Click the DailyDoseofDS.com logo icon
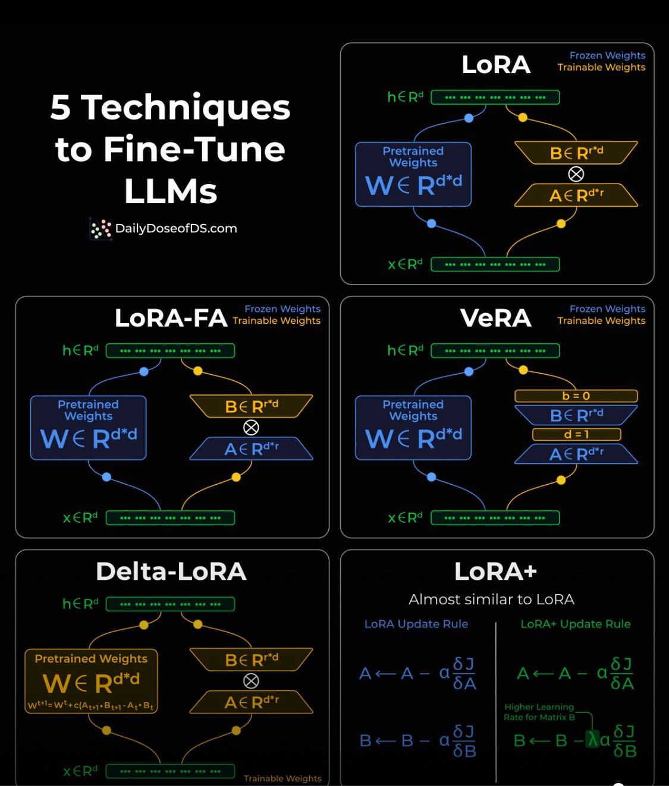(100, 229)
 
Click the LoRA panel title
(496, 64)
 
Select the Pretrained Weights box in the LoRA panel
(413, 174)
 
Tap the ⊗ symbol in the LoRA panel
(576, 174)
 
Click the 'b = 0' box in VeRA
(576, 396)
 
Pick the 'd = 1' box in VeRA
(576, 434)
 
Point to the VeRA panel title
(495, 318)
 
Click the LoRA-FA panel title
(171, 318)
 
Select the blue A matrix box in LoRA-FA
(251, 449)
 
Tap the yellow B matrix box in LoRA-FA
(251, 406)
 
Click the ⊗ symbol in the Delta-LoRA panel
(251, 681)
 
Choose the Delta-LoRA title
(171, 572)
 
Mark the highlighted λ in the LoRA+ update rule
(592, 740)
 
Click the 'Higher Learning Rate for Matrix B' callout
(539, 712)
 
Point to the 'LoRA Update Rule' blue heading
(416, 624)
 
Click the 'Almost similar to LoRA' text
(491, 599)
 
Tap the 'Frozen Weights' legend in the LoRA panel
(607, 55)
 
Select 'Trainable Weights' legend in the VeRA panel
(601, 321)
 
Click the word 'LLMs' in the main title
(171, 191)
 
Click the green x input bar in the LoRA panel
(495, 264)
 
